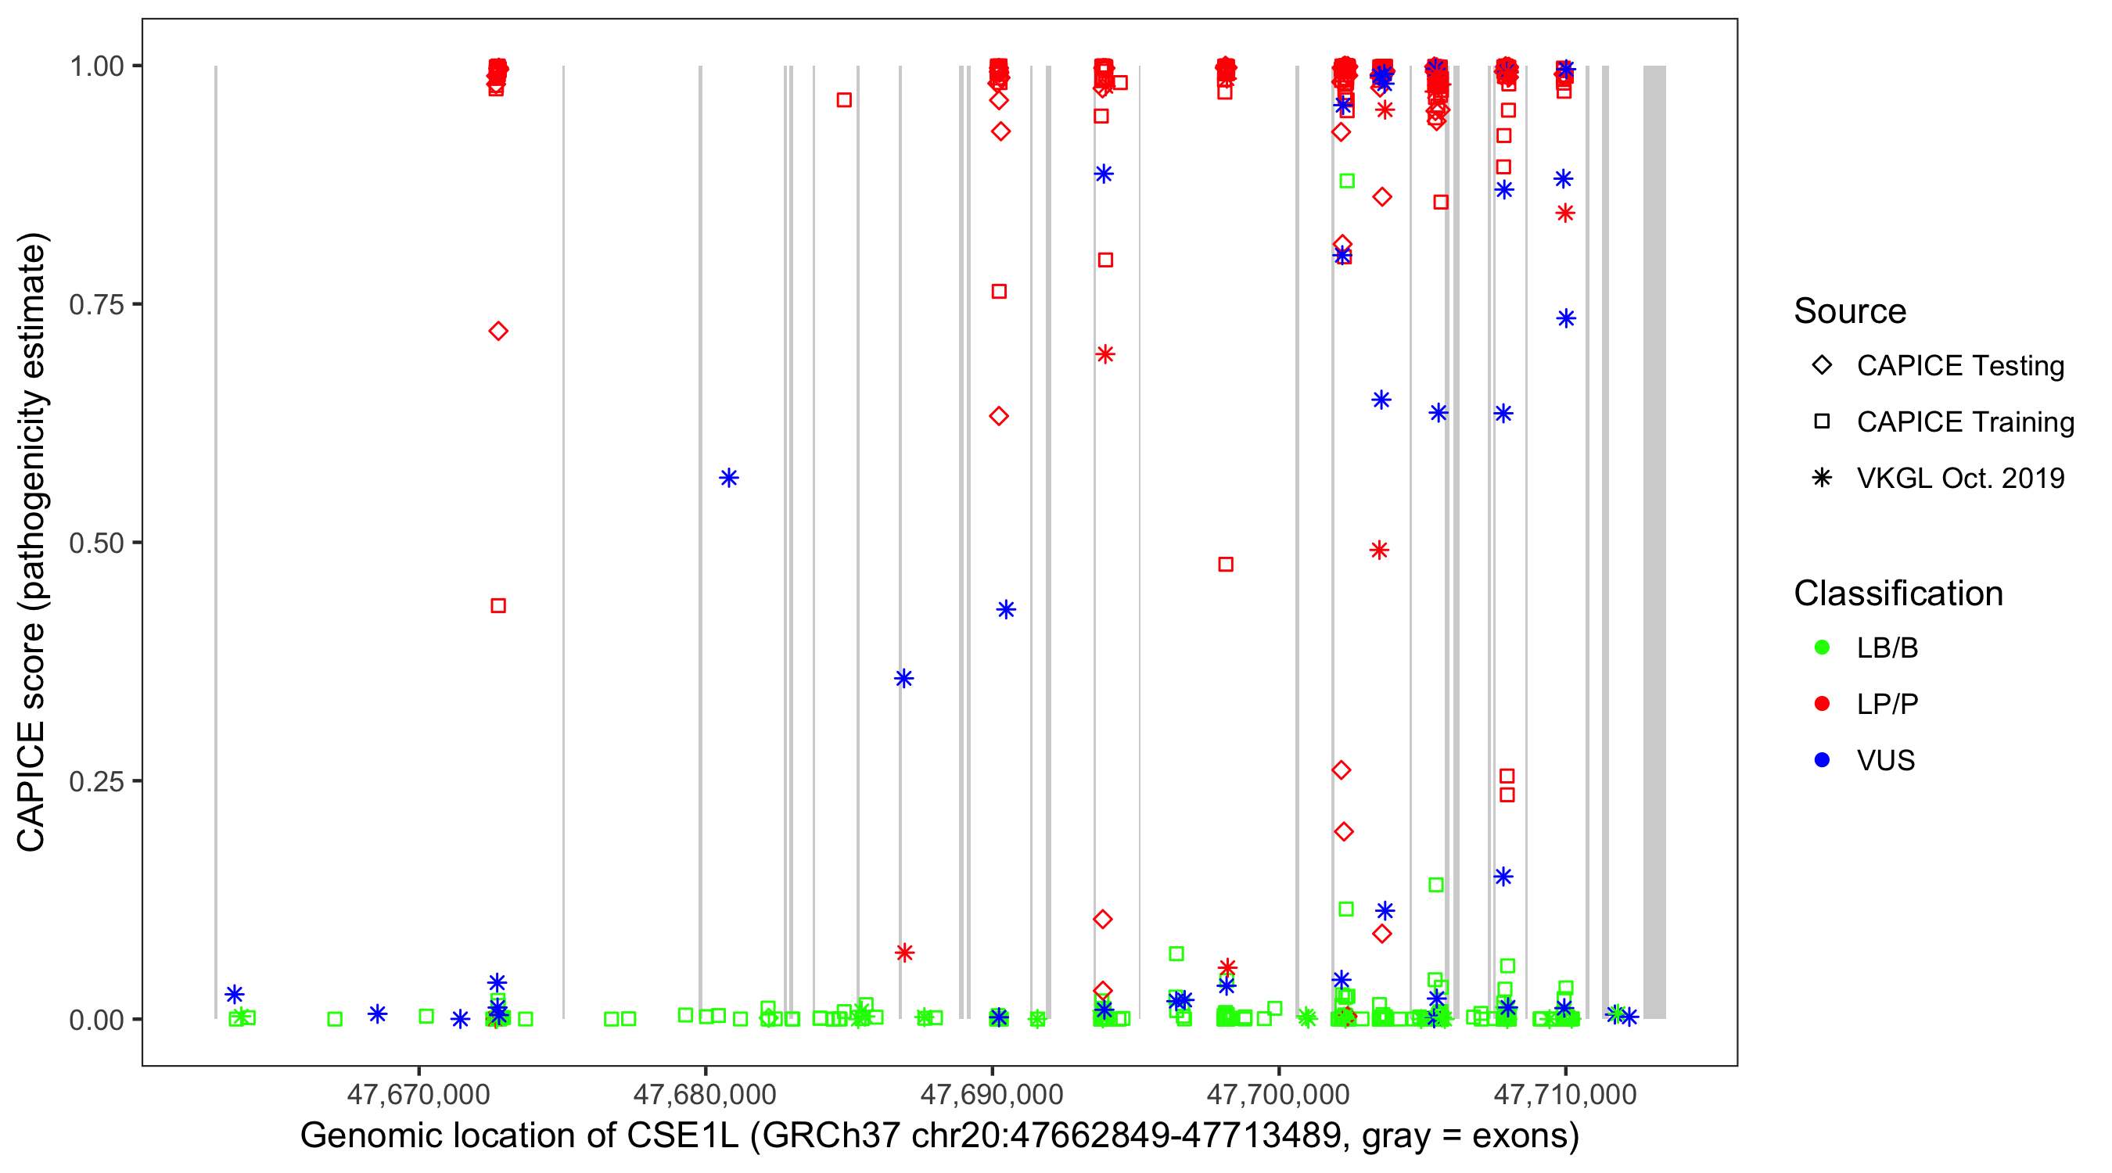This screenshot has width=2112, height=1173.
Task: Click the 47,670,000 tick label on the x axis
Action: [x=418, y=1094]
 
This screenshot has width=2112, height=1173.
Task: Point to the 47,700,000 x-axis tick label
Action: [x=1278, y=1094]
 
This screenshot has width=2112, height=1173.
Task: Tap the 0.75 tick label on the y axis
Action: [x=95, y=305]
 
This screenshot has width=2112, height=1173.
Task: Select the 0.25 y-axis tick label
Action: [x=95, y=781]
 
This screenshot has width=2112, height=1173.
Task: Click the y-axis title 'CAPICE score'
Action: [x=33, y=541]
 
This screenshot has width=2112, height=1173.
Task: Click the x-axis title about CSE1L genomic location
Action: [x=939, y=1136]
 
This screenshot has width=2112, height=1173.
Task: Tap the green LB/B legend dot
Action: [x=1822, y=647]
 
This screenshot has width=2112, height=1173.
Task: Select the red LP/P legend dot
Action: [x=1822, y=704]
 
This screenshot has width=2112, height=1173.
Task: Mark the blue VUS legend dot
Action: [x=1822, y=760]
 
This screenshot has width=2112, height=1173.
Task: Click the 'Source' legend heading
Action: [x=1850, y=311]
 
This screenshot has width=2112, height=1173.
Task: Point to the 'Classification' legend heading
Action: [x=1898, y=594]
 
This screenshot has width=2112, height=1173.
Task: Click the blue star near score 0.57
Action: [x=729, y=478]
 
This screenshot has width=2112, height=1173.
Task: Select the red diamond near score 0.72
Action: [x=497, y=331]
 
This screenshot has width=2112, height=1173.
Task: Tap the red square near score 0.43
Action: [x=497, y=606]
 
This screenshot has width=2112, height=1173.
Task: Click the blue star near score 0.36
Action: [x=903, y=679]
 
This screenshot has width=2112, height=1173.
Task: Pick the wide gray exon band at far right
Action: [x=1654, y=541]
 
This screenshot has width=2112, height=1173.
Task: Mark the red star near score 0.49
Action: [x=1379, y=550]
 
